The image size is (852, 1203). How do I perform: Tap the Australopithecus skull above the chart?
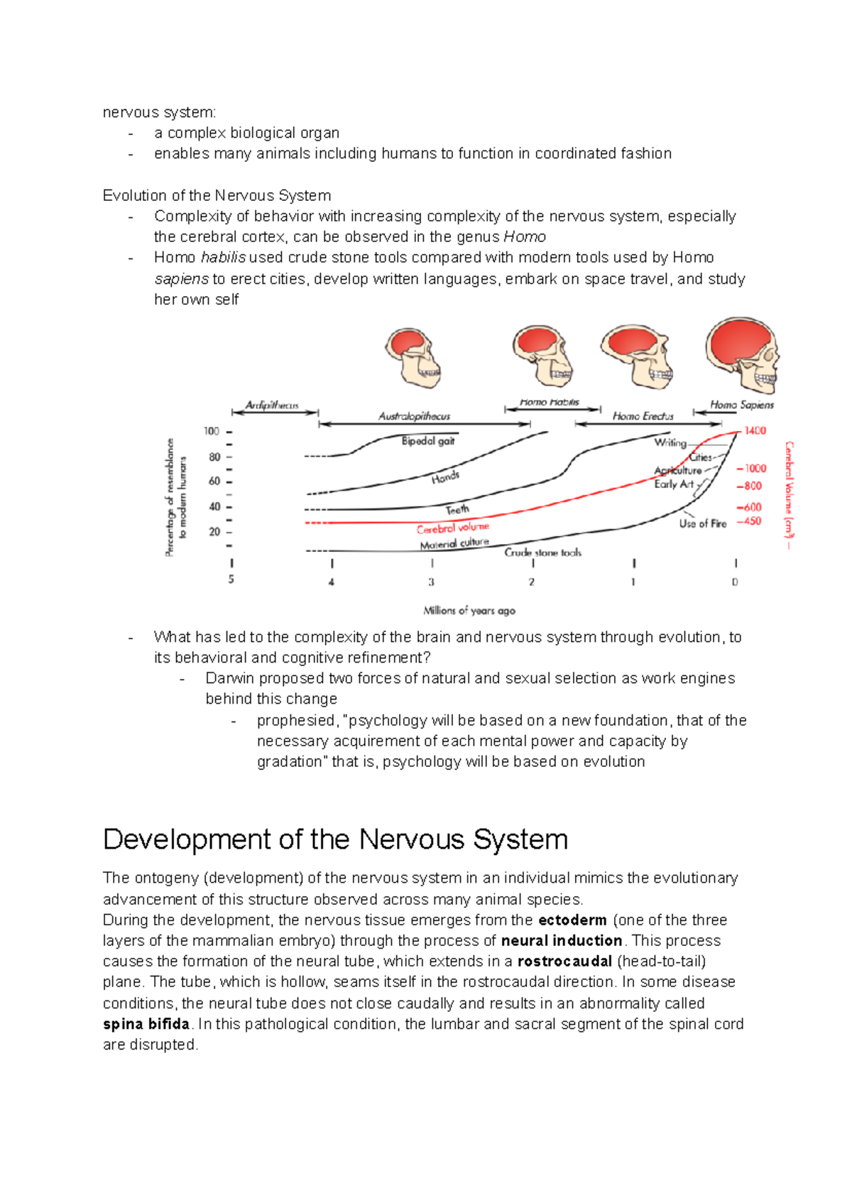coord(414,357)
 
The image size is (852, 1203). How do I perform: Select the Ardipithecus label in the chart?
coord(272,405)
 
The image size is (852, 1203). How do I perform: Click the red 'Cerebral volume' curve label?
coord(453,528)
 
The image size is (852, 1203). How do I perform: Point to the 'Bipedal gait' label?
coord(427,441)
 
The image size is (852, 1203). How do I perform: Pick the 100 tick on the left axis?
coord(212,431)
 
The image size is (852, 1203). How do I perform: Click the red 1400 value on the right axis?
coord(755,430)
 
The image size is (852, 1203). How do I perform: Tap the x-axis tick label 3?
coord(431,582)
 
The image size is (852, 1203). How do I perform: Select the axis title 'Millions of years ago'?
coord(469,611)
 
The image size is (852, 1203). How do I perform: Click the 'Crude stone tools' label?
coord(542,552)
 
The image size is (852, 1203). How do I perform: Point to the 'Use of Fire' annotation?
coord(702,523)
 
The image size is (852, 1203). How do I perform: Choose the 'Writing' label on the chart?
coord(670,442)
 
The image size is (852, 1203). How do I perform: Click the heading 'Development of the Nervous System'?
coord(335,839)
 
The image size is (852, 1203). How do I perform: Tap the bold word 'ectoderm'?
coord(572,920)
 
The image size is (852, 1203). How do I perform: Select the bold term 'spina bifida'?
coord(146,1024)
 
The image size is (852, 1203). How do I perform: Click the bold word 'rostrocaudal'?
coord(564,962)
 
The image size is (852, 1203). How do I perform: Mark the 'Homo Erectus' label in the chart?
coord(643,416)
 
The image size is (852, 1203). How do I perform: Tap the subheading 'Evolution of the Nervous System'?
coord(217,195)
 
